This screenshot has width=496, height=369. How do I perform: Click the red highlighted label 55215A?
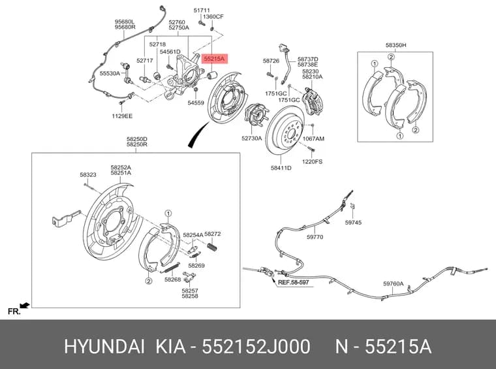tap(214, 59)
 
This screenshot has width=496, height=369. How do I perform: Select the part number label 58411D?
tap(281, 168)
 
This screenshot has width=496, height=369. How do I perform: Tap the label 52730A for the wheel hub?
tap(251, 138)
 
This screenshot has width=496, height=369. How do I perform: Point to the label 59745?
tap(353, 223)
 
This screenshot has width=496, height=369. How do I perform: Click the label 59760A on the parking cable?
tap(393, 283)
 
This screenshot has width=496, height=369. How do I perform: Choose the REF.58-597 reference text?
tap(293, 282)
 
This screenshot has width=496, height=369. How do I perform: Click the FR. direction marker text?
tap(14, 312)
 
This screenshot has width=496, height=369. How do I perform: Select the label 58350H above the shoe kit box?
tap(395, 45)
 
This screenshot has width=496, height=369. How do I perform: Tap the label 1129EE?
tap(122, 116)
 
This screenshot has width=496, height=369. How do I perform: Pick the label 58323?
tap(88, 174)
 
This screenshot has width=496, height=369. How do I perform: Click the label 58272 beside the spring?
tap(213, 234)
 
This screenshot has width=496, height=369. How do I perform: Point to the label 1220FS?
tap(312, 162)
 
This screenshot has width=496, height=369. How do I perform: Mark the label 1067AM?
tap(313, 138)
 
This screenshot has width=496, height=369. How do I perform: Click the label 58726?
tap(271, 61)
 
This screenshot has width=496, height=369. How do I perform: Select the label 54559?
tap(196, 103)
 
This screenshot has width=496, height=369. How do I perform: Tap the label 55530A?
tap(110, 73)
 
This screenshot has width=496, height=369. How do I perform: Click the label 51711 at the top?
tap(202, 10)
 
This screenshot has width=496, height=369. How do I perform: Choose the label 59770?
tap(315, 236)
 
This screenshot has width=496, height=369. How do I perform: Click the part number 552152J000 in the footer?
tap(256, 347)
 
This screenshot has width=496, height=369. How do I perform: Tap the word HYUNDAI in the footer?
tap(104, 347)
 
